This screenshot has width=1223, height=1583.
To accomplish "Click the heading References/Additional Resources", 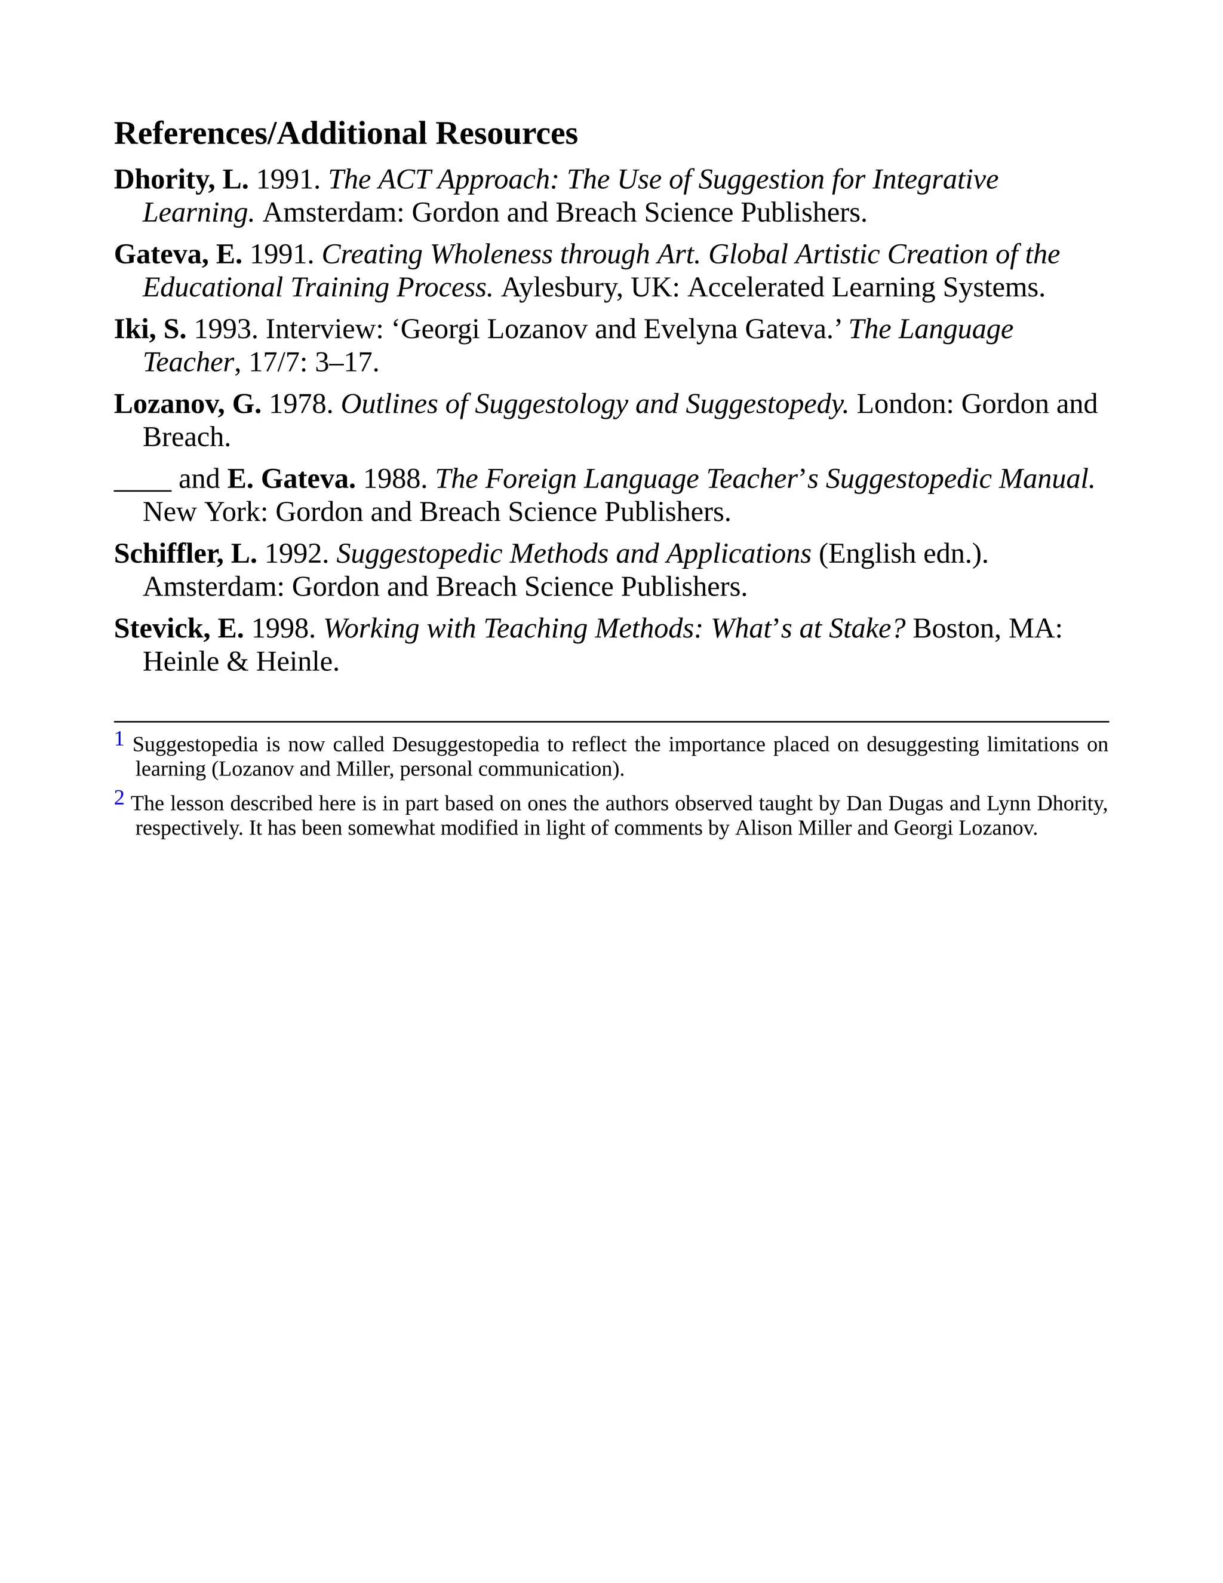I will point(346,134).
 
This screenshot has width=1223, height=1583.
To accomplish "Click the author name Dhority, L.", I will point(181,180).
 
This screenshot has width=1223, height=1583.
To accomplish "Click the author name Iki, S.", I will point(150,330).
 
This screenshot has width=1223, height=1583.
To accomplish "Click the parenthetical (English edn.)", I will point(903,554).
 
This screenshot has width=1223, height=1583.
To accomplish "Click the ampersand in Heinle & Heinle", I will point(237,662).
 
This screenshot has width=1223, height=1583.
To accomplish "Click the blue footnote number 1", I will point(119,740).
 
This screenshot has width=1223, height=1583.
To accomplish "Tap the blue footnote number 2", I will point(119,798).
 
